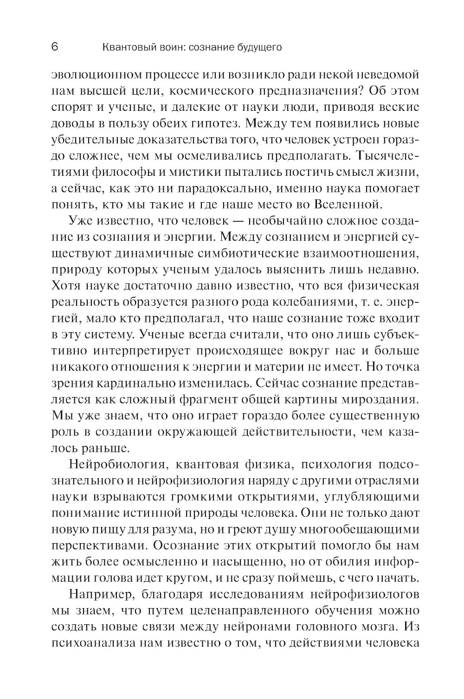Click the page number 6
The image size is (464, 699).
[x=54, y=47]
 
